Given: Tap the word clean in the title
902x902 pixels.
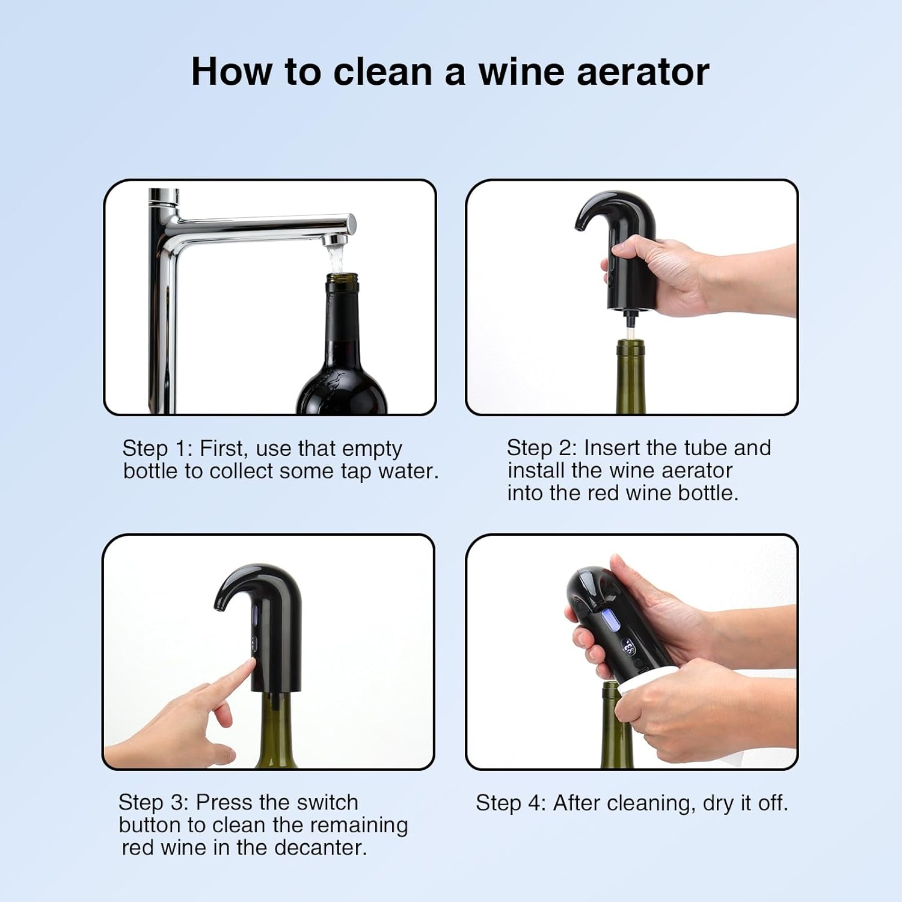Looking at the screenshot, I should pos(382,72).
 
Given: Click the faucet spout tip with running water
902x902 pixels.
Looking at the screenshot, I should pos(334,241).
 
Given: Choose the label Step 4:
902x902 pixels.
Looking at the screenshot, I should pos(510,803).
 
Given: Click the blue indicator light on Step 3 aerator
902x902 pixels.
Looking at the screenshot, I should pos(254,615).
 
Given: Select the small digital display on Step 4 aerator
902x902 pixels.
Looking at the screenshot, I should pos(628,648).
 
